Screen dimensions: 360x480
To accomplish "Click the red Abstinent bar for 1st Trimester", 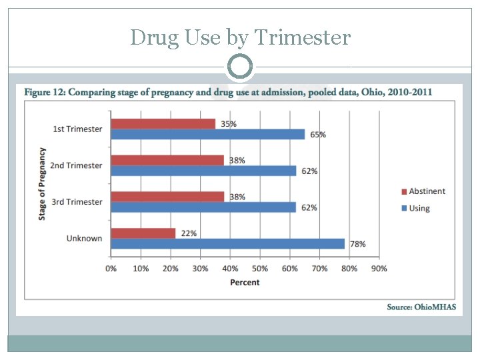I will (163, 124).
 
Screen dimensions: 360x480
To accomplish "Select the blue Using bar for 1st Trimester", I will (207, 134).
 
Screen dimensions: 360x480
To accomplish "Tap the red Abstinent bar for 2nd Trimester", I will (167, 160).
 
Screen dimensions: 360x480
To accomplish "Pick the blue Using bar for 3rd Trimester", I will (203, 207).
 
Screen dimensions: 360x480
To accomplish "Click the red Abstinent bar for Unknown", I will (143, 233).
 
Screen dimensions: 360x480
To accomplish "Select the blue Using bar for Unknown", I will (227, 244).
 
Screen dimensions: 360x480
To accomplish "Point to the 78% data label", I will (358, 244).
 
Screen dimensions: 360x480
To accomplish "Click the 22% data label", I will (188, 233).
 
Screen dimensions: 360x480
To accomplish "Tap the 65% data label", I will (318, 135).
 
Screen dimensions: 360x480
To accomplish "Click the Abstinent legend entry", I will (423, 191).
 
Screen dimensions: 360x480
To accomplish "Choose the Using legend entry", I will (415, 208).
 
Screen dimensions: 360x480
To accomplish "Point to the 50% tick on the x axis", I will (259, 269).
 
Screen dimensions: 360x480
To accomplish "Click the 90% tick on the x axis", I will (378, 269).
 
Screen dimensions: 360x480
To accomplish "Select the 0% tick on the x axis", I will (111, 269).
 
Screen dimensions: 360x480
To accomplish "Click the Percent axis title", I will (245, 283).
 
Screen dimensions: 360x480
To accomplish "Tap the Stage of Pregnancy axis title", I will (43, 184).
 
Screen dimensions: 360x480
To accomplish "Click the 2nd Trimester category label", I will (77, 165).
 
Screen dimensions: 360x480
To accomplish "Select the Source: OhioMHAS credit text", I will (421, 307).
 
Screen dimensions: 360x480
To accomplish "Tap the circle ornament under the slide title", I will (240, 67).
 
